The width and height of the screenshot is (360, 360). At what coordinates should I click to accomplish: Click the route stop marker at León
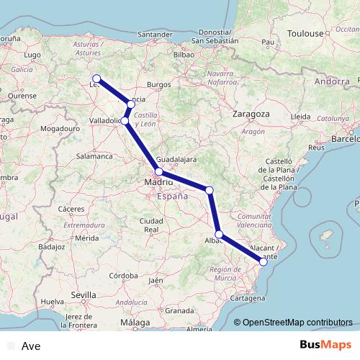pos(96,78)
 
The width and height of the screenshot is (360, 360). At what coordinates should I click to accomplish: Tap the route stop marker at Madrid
pos(158,172)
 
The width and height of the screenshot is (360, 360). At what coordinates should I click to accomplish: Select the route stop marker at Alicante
pos(264,262)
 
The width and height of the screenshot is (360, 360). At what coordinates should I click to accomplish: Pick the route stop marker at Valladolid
pos(125,121)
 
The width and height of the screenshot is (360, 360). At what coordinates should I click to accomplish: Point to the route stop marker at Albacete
pos(219,235)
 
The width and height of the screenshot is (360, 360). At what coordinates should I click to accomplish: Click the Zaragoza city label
pos(251,114)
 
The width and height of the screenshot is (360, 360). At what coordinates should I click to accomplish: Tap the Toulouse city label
pos(305,34)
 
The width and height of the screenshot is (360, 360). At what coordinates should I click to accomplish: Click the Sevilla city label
pos(84,294)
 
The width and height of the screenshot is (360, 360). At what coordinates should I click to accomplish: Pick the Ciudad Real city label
pos(151,225)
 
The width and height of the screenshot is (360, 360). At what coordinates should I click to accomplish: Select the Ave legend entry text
pos(32,346)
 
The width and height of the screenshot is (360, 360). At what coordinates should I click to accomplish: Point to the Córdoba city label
pos(124,275)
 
